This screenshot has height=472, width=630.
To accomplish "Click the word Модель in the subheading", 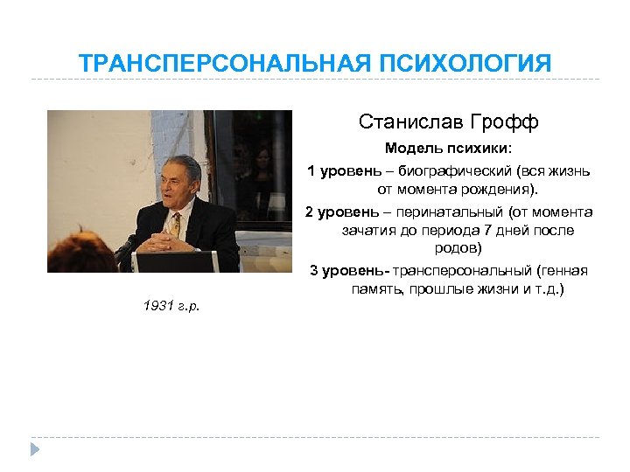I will click(409, 149).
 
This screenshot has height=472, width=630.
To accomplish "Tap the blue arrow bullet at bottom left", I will click(36, 449).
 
